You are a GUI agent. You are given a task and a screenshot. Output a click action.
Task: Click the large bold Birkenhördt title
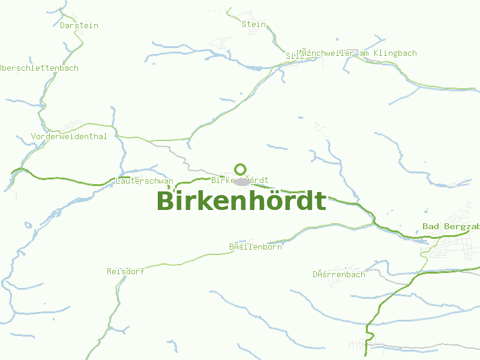[x=241, y=201]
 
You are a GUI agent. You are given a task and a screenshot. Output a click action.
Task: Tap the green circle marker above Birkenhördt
[x=241, y=169]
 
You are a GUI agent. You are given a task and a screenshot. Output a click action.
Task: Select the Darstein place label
[x=79, y=26]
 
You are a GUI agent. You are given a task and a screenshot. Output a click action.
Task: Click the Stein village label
[x=253, y=25]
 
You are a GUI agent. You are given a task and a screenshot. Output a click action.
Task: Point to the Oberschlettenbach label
[x=40, y=68]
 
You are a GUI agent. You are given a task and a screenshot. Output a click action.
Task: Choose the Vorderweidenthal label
[x=69, y=137]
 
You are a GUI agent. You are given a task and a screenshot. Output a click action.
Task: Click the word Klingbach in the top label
[x=395, y=53]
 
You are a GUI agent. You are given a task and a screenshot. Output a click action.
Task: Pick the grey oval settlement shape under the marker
[x=241, y=182]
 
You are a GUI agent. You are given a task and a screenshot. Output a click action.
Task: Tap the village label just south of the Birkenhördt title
[x=256, y=247]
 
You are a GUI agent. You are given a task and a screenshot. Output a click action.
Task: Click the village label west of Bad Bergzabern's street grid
[x=338, y=275]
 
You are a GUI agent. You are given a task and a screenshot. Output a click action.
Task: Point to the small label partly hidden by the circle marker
[x=239, y=180]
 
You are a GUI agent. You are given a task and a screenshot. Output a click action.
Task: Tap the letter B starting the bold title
[x=166, y=201]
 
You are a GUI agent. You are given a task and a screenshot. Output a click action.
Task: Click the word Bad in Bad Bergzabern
[x=431, y=227]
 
